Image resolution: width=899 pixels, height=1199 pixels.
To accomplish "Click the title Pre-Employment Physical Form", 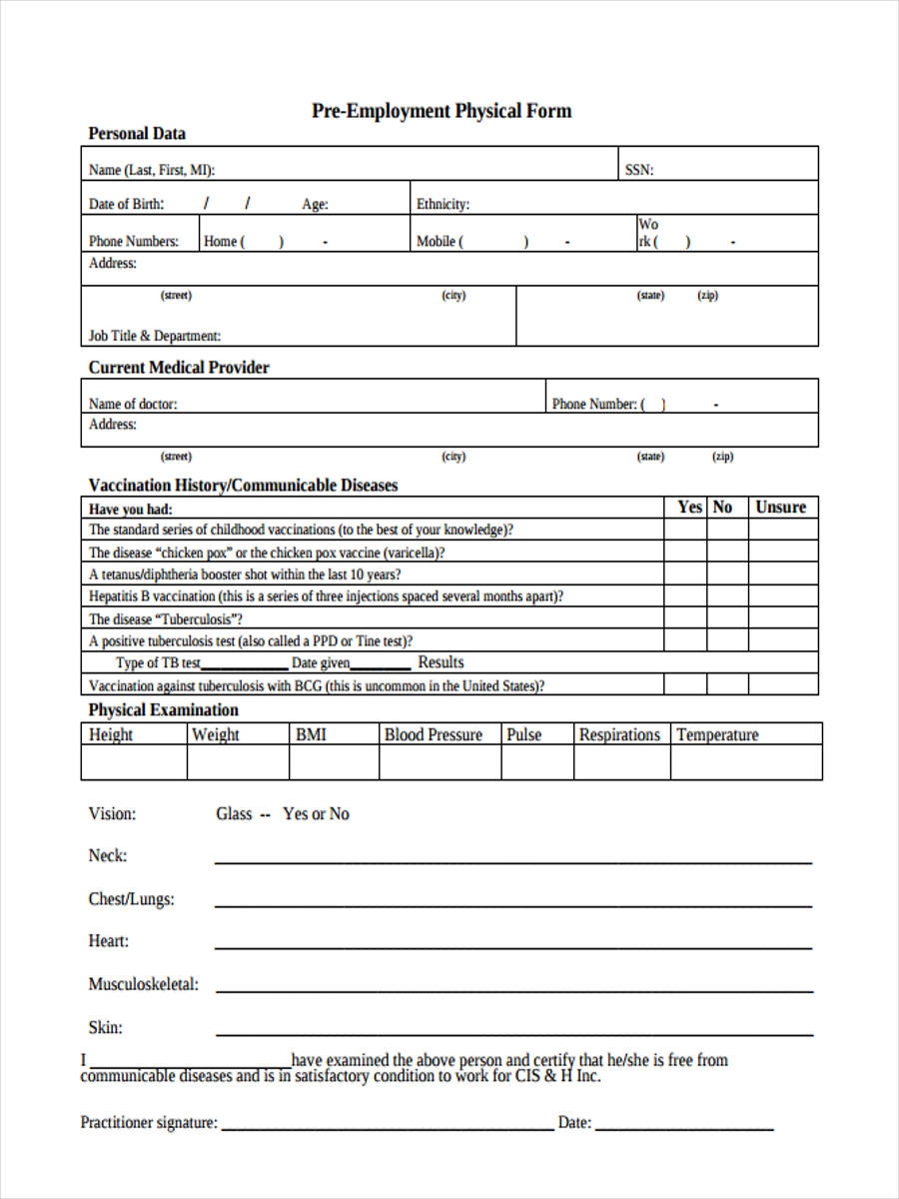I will (x=442, y=111).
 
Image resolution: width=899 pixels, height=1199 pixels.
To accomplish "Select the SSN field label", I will (x=639, y=170).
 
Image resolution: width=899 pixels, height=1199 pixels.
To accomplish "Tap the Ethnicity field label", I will (x=443, y=205).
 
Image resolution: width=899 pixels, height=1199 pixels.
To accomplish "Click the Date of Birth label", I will (x=127, y=205).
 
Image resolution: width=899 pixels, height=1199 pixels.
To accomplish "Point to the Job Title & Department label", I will (x=155, y=337).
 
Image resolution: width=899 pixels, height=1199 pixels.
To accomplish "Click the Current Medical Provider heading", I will (x=179, y=368).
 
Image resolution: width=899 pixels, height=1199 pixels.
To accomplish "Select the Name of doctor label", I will (x=133, y=405).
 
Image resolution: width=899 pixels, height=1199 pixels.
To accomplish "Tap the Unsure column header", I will (x=780, y=508).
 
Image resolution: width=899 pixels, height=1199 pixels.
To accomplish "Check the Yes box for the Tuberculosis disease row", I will (x=685, y=618).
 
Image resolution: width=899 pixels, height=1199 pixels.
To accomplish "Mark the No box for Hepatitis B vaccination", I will (x=727, y=597).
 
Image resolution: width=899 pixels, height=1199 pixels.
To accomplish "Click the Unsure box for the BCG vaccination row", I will (x=783, y=685).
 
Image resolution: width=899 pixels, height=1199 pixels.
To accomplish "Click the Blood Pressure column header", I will (x=433, y=735).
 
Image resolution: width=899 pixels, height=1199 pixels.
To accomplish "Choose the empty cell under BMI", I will (x=334, y=762).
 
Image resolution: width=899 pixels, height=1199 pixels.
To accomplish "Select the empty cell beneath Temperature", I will (x=746, y=762).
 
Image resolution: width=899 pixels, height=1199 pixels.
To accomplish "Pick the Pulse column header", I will (x=523, y=735).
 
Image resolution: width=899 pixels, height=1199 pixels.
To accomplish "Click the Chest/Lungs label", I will (x=131, y=899).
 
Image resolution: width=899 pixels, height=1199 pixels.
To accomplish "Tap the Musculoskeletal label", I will (x=143, y=984).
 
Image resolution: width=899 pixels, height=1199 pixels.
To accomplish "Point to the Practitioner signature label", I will (x=149, y=1123).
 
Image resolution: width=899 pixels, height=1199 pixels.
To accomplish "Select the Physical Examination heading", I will (x=164, y=710).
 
